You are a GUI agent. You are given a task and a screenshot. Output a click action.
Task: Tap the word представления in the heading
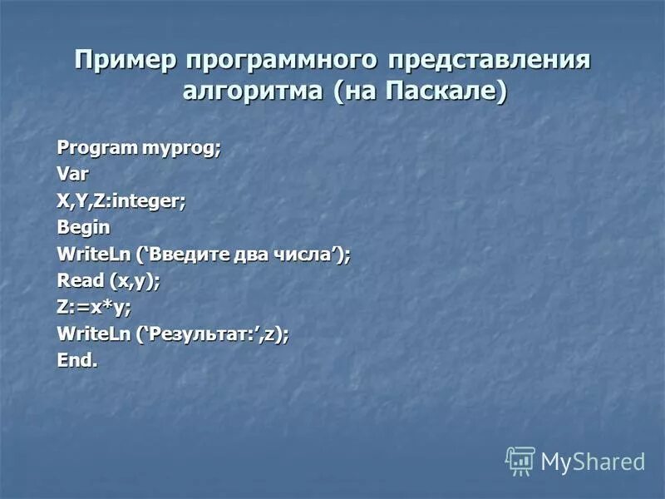(x=493, y=61)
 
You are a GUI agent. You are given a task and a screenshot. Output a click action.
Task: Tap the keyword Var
(x=72, y=174)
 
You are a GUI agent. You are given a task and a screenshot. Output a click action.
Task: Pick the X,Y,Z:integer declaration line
(x=121, y=200)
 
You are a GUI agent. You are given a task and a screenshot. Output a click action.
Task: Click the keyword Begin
(x=83, y=227)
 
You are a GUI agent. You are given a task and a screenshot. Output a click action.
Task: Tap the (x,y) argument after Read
(x=131, y=280)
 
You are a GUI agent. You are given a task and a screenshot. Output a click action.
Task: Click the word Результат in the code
(x=196, y=333)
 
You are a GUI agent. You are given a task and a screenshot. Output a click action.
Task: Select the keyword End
(x=76, y=360)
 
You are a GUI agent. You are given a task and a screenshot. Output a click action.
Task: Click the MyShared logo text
(x=593, y=461)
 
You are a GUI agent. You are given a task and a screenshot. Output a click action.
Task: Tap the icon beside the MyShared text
(x=520, y=460)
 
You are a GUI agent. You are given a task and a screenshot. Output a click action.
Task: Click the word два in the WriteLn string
(x=253, y=254)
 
